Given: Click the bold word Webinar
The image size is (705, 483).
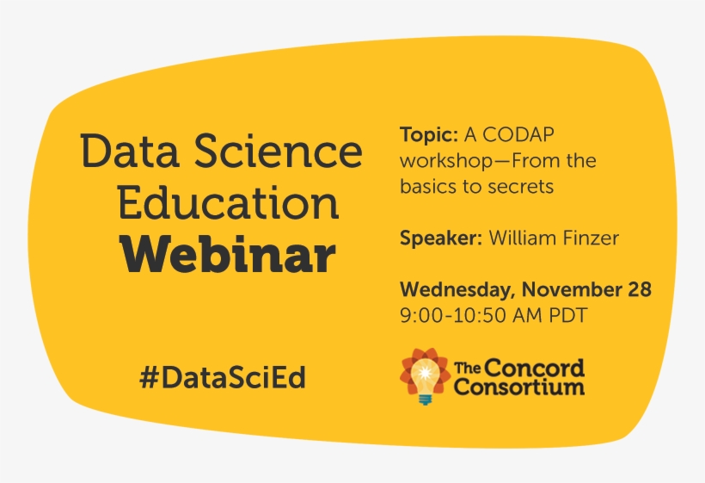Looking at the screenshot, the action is tap(229, 255).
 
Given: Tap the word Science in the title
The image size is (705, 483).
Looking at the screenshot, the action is tap(279, 151).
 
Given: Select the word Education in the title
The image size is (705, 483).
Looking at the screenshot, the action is tap(229, 202).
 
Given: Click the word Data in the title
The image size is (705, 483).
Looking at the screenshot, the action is tap(130, 151).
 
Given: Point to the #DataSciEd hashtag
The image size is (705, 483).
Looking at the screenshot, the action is tap(223, 377).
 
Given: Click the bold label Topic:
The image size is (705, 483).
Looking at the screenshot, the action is tap(429, 134).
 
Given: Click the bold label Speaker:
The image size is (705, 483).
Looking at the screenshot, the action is tap(441, 238).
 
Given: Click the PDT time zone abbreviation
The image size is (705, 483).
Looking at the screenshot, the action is tap(568, 315).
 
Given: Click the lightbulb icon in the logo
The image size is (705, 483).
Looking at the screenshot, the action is tap(425, 376).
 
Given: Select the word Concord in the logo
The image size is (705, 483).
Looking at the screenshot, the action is tap(535, 368).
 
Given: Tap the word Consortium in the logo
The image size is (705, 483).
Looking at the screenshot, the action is tap(519, 387).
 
